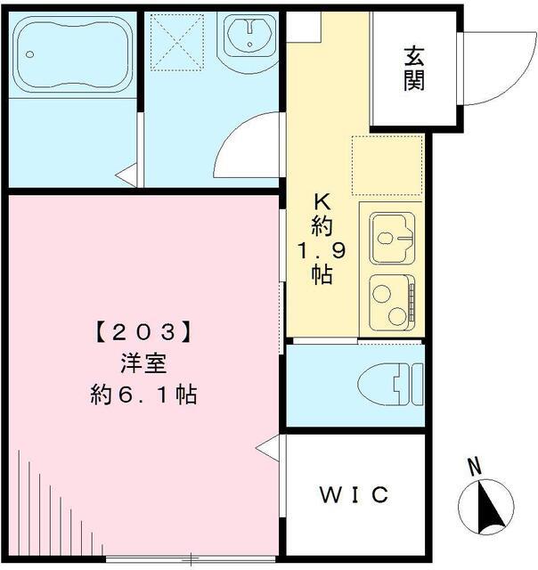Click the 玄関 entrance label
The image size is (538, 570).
(413, 69)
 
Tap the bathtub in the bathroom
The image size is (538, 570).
(72, 53)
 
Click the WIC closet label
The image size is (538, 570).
(355, 494)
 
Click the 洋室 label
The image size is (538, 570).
(143, 362)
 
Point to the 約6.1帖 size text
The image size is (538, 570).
(143, 394)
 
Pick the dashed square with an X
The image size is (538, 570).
(178, 41)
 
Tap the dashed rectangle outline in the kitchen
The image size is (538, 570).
(386, 165)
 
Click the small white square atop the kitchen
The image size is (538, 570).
(303, 26)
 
